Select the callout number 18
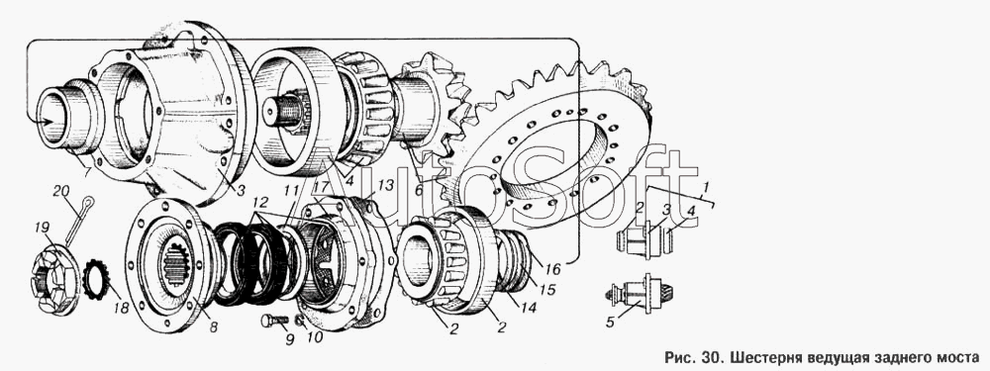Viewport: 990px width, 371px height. tap(121, 309)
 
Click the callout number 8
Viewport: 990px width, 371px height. tap(214, 326)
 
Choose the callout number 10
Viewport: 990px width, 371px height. tap(315, 337)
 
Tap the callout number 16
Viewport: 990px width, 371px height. tap(553, 269)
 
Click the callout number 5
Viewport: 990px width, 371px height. tap(610, 323)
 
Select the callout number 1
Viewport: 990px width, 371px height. tap(707, 187)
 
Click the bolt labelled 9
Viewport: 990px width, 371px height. tap(274, 321)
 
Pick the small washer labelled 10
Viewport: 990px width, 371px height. tap(301, 324)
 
